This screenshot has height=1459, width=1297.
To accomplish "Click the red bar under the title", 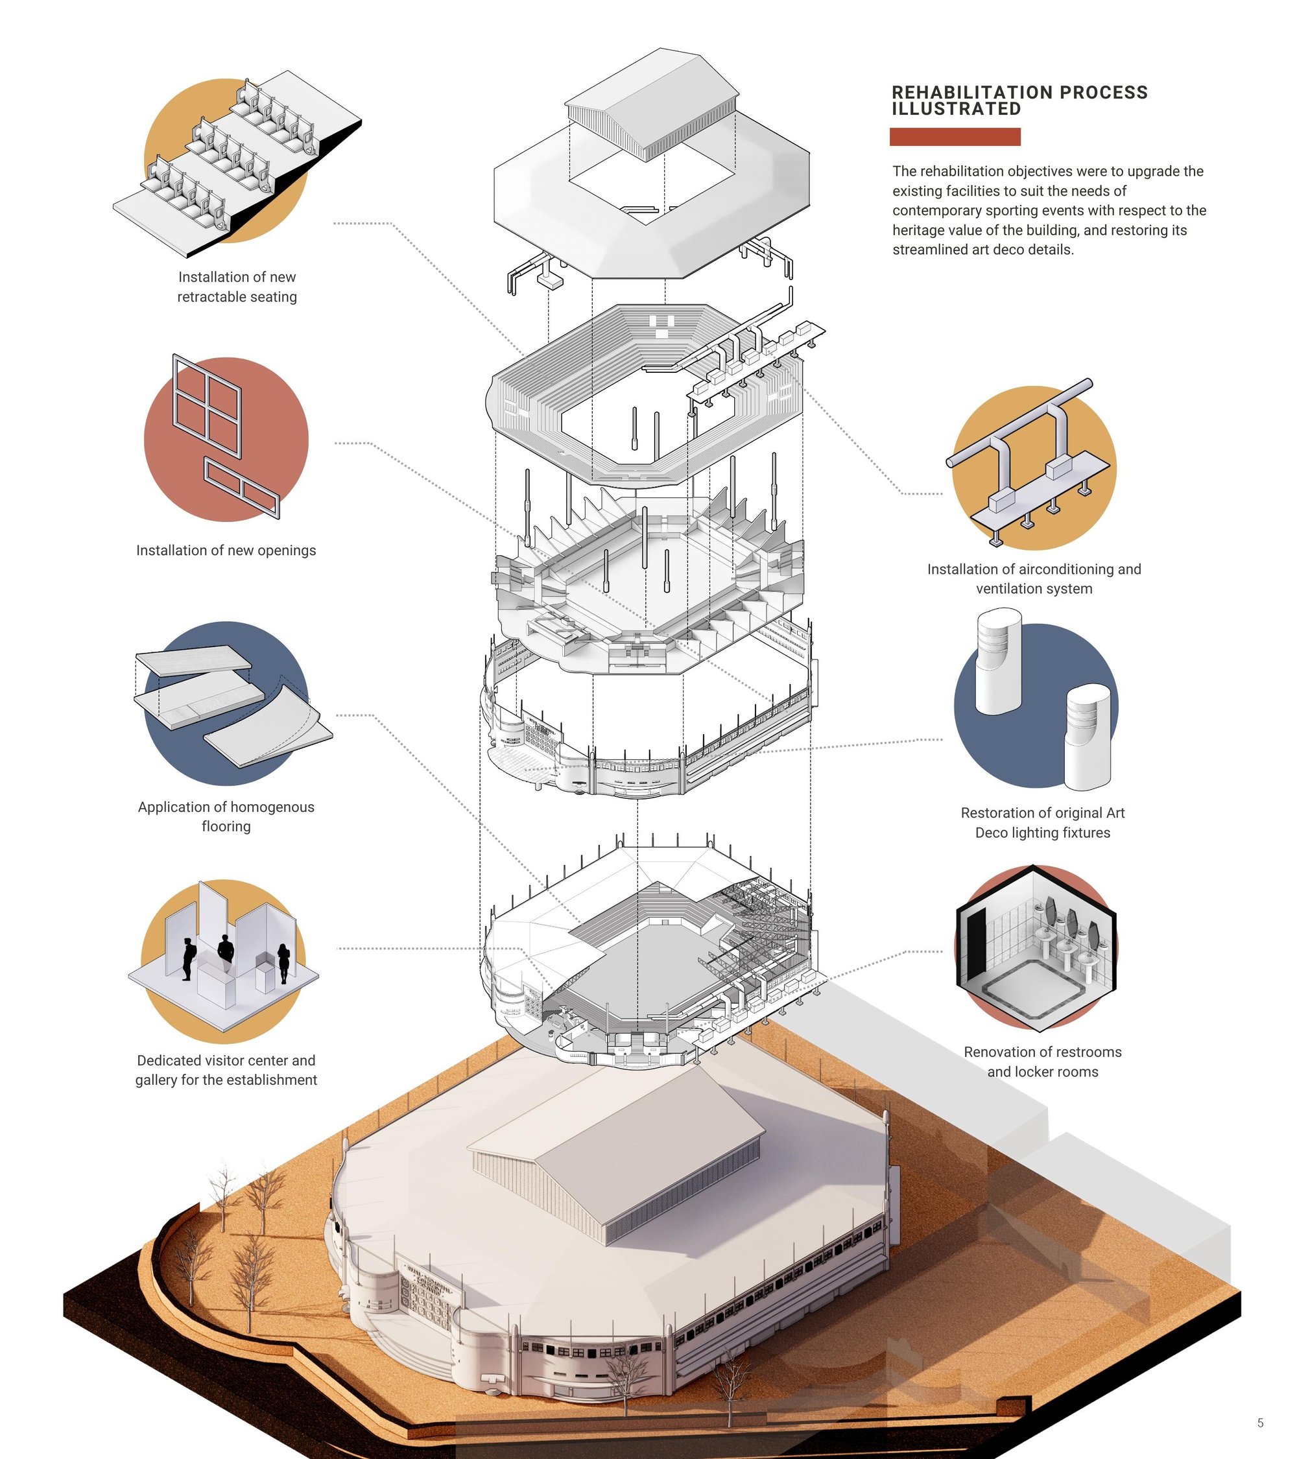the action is pos(955,137).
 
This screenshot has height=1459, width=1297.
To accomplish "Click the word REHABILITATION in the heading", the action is pos(972,93).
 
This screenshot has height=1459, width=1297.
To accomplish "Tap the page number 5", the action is pos(1261,1423).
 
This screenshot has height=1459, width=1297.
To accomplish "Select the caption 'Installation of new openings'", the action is pos(226,551).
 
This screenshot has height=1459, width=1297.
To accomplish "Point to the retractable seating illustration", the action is pos(237,161).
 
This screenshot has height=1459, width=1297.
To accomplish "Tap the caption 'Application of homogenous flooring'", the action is pos(226,816).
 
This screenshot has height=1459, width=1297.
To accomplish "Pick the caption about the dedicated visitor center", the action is pos(226,1070).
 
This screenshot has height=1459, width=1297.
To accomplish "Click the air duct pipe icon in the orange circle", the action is pos(1028,464).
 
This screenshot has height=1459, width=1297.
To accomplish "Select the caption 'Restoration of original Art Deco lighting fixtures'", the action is pos(1043,822).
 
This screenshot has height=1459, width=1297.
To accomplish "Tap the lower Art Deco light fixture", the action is pos(1088,737).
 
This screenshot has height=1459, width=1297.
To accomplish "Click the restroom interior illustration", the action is pos(1036,948).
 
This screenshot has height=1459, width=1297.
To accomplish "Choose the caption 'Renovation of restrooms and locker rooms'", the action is pos(1043,1062).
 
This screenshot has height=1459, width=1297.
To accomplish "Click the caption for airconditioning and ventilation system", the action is pos(1034,579).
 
